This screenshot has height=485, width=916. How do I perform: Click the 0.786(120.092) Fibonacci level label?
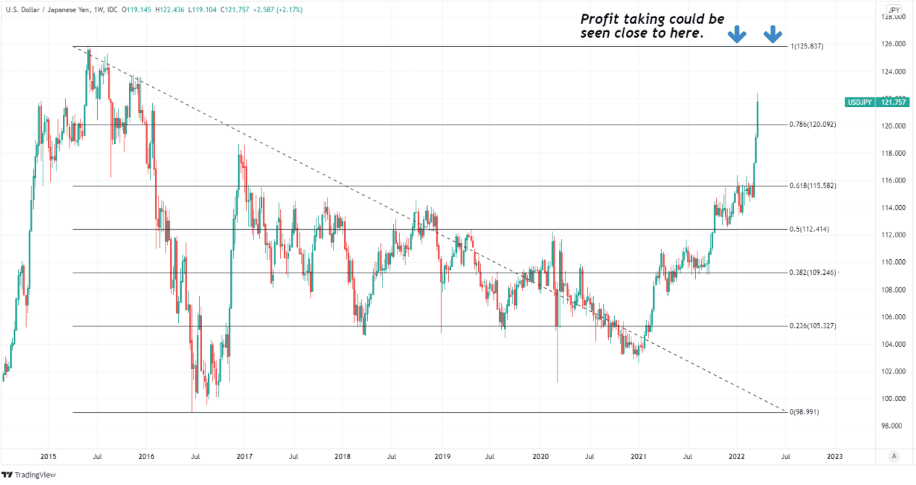[812, 125]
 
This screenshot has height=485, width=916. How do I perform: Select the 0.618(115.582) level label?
[812, 186]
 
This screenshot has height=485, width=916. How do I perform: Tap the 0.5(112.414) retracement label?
[809, 229]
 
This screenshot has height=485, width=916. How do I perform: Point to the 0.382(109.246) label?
[812, 273]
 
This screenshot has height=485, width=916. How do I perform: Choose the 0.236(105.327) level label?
[812, 326]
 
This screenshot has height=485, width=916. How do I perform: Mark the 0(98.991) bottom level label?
[806, 412]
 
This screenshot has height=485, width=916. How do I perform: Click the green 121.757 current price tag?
[895, 102]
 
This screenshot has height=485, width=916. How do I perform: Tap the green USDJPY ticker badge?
[860, 102]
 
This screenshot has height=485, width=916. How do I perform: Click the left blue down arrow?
[737, 33]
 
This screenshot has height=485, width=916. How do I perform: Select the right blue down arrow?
[772, 33]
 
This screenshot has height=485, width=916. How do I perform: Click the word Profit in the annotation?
[600, 19]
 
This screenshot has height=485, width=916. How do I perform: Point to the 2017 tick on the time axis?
[244, 457]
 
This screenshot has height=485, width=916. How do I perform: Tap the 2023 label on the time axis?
[834, 457]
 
